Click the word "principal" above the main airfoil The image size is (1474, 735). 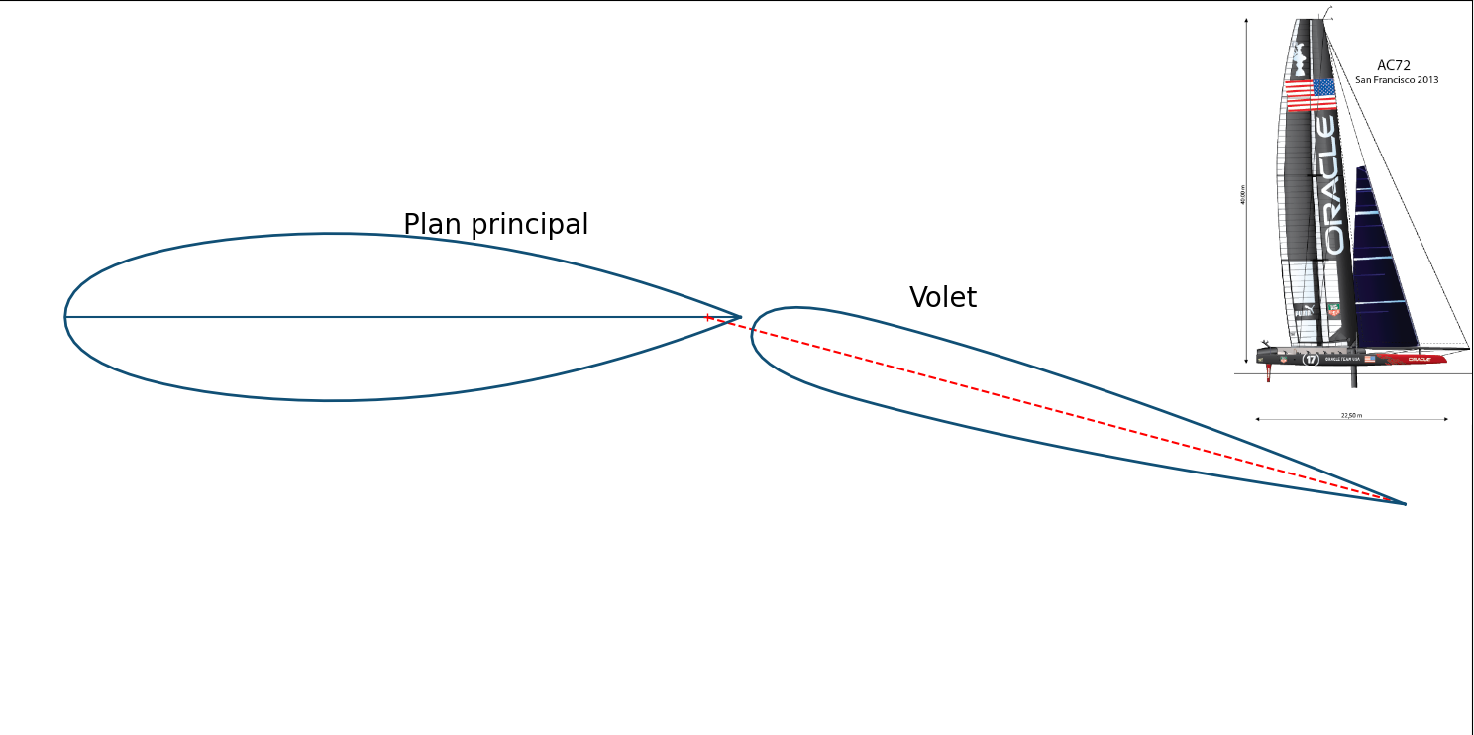(528, 226)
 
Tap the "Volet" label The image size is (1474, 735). (943, 298)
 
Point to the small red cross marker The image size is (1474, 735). (707, 317)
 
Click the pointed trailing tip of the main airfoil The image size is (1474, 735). (740, 317)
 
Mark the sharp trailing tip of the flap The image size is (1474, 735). (1405, 504)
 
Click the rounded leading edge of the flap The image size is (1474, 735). (753, 335)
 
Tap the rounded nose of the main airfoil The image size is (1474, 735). (66, 317)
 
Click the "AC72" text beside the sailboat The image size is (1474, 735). (1394, 66)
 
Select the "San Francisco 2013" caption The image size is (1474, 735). (1397, 80)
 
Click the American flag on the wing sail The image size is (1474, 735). (1311, 94)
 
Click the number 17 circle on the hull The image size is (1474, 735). (1311, 359)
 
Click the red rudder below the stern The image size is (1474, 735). (1269, 372)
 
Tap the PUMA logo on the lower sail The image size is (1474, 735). (1302, 313)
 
